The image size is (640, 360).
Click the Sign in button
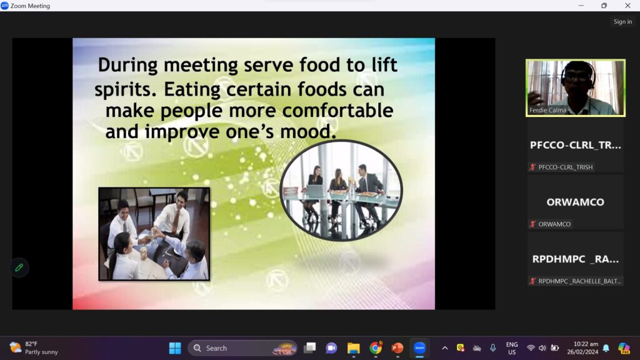[x=622, y=22]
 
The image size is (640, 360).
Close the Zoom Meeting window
[x=627, y=6]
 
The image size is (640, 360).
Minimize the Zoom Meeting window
[x=581, y=6]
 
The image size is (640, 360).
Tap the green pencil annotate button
[x=19, y=267]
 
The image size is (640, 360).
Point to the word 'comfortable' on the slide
[x=337, y=111]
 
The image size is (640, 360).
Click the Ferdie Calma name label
[x=547, y=110]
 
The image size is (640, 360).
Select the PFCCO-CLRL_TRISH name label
[x=565, y=167]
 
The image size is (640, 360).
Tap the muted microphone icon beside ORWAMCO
[x=532, y=224]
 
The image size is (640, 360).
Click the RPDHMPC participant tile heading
[x=575, y=259]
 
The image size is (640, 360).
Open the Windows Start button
[x=175, y=348]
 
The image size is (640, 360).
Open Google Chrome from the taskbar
[x=376, y=348]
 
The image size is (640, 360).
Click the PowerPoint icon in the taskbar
[x=397, y=348]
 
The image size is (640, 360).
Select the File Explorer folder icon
[x=354, y=348]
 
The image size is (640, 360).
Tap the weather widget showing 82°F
[x=34, y=348]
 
